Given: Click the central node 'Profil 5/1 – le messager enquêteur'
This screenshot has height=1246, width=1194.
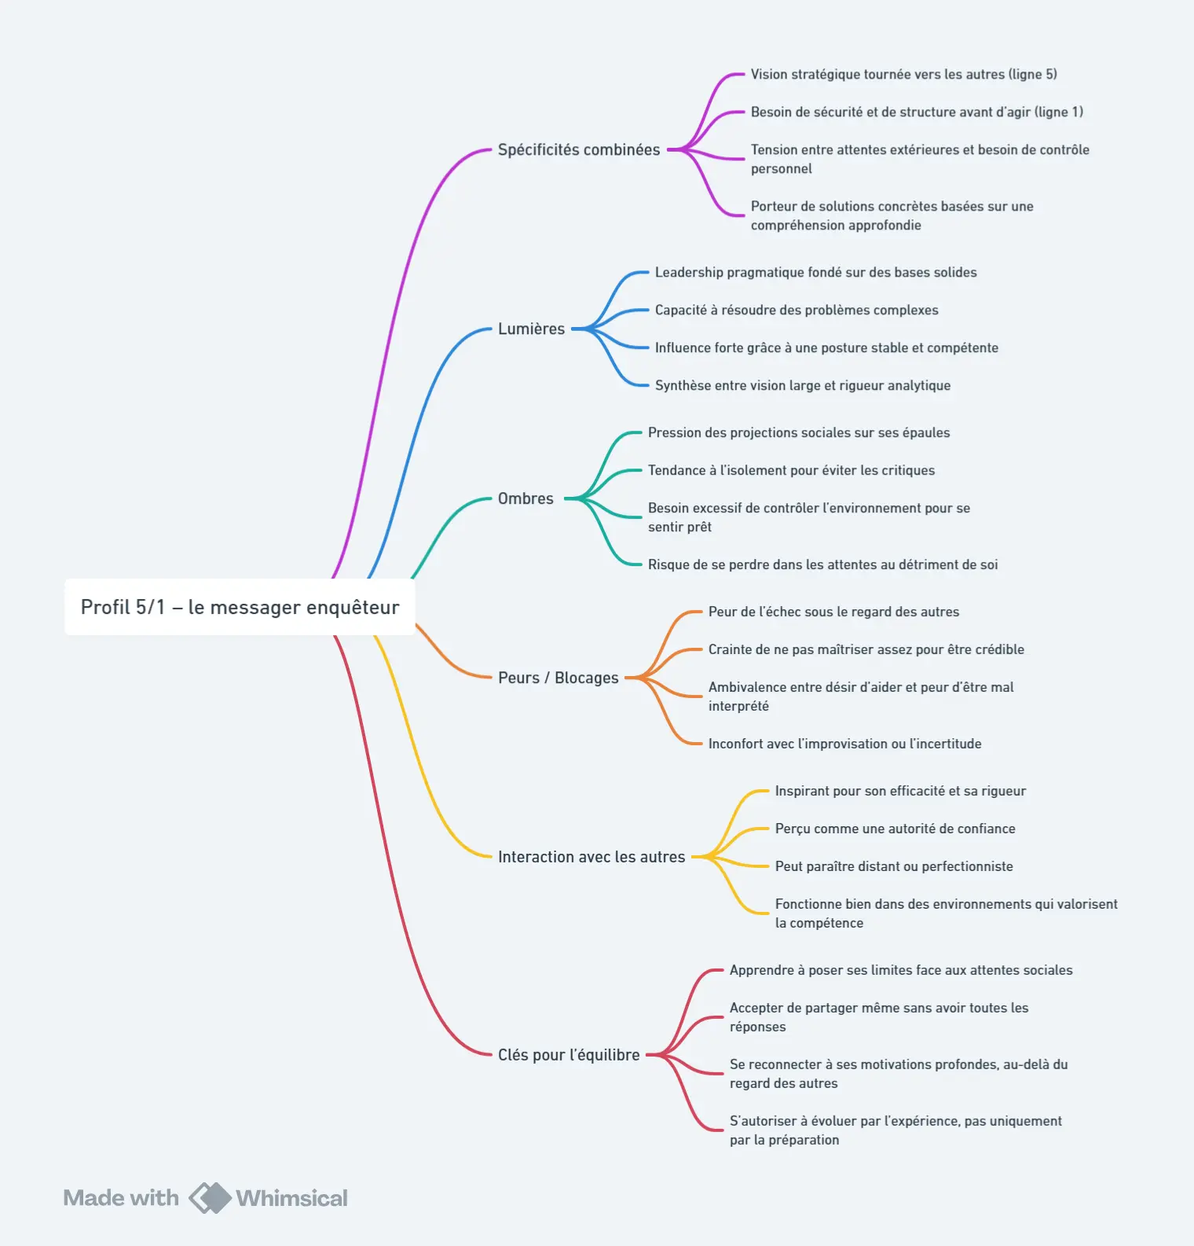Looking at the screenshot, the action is pos(240,607).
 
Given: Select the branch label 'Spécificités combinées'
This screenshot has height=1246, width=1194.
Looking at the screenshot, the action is pos(579,149).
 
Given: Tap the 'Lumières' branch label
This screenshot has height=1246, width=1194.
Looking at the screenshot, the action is pos(531,329).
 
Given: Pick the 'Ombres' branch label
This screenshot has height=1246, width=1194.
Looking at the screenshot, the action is pos(526,498).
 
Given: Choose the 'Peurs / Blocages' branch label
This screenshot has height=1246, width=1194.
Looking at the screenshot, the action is pos(559,678).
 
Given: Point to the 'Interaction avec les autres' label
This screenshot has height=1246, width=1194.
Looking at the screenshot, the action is pos(592,857).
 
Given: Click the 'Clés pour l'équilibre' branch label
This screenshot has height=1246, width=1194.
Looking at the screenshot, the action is pos(569,1055).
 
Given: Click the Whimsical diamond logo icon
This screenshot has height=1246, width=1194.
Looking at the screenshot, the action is pos(210,1198).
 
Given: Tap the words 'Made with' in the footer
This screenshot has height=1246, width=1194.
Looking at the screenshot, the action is pos(121,1198).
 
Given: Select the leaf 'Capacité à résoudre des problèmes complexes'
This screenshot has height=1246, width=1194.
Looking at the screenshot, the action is pos(797,310).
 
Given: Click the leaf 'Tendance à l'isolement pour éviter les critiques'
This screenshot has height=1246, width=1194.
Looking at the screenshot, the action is pos(791,470).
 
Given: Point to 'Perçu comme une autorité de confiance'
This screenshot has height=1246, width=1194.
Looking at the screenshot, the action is pos(895,829).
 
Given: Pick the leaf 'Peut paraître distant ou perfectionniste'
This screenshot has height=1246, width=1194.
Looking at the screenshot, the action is pos(894,866).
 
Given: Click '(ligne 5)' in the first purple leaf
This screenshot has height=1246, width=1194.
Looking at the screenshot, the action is pos(1033,74).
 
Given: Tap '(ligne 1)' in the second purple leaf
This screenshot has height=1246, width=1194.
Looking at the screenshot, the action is pos(1059,112).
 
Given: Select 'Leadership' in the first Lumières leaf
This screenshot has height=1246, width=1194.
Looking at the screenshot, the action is pos(689,272).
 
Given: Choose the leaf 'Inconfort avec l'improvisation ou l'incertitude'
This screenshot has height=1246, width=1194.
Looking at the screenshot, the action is pos(844,744).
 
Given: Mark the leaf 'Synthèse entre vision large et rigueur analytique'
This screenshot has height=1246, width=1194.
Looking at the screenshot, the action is pos(803,385).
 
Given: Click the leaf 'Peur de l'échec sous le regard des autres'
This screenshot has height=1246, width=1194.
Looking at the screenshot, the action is pos(833,612).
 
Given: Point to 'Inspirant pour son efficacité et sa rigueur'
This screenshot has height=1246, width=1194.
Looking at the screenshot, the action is pos(900,791).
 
